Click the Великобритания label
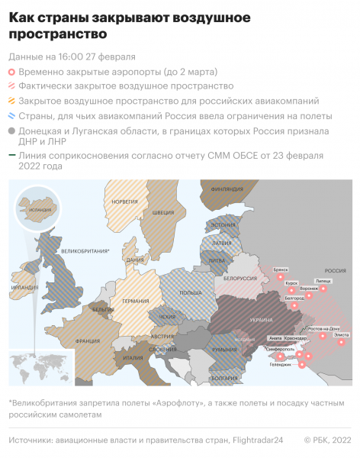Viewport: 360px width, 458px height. tap(85, 250)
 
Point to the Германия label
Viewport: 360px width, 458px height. tap(137, 302)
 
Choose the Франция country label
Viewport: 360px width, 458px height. tap(89, 341)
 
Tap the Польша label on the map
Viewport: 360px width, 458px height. tap(189, 293)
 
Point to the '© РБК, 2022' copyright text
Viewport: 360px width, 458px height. tap(327, 440)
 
